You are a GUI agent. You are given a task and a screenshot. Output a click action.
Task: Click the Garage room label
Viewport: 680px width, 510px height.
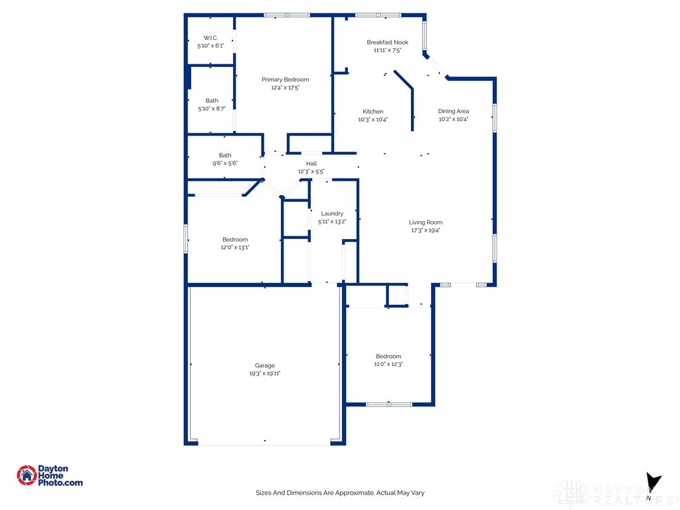tap(264, 365)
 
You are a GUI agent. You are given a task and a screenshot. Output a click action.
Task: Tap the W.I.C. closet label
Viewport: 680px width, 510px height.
tap(211, 38)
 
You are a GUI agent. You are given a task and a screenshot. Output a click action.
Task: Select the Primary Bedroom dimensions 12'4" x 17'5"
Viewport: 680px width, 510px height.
tap(285, 88)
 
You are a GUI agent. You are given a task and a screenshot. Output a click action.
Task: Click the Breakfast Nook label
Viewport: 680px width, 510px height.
tap(387, 42)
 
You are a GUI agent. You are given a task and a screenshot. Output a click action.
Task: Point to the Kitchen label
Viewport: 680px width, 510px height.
tap(373, 111)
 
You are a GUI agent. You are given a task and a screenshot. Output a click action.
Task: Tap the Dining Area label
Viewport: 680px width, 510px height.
tap(454, 111)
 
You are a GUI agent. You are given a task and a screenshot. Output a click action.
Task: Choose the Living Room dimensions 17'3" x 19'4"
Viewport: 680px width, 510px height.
tap(425, 230)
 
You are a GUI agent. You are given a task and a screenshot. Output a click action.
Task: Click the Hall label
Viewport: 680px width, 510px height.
tap(311, 163)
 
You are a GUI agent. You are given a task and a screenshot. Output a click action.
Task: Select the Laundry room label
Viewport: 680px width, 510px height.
tap(332, 213)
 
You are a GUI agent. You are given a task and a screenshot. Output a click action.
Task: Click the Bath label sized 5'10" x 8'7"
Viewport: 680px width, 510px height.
tap(211, 100)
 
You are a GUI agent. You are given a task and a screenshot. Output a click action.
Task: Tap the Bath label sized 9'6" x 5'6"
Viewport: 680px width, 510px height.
tap(225, 155)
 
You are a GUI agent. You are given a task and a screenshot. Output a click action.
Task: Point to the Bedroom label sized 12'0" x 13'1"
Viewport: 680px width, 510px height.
tap(235, 239)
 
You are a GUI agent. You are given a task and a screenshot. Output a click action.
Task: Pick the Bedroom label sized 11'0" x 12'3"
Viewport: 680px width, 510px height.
tap(388, 356)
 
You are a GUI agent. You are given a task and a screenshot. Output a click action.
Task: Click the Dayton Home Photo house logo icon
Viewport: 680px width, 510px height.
tap(27, 475)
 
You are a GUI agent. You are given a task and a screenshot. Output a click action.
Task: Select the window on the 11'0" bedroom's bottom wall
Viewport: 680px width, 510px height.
tap(389, 404)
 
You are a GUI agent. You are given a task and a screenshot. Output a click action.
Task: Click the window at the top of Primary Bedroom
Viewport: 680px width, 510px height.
tap(286, 15)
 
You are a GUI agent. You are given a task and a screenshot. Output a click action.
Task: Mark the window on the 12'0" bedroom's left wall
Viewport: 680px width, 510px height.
tap(186, 238)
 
